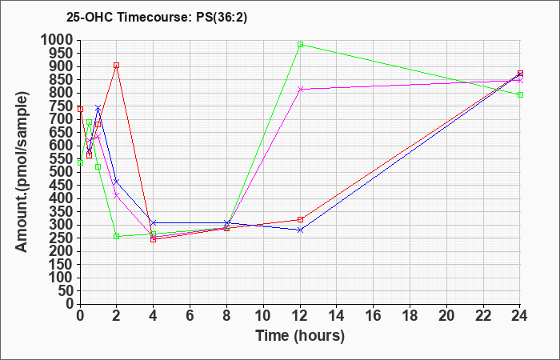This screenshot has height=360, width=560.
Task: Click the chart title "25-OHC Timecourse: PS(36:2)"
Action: (157, 18)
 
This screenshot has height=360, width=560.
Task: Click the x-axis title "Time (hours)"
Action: (300, 336)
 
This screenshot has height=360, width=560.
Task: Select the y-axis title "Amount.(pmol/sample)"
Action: (22, 172)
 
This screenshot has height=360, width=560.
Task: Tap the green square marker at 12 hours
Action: (300, 45)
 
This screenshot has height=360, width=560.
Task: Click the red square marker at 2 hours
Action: (117, 66)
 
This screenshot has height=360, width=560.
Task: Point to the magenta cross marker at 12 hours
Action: (300, 90)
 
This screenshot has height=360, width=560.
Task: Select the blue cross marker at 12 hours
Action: (300, 230)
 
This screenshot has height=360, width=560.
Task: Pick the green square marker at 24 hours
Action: (520, 94)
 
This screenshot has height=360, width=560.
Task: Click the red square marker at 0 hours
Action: (80, 110)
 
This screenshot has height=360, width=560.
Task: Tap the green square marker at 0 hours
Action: (80, 163)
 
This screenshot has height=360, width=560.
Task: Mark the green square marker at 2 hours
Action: (117, 237)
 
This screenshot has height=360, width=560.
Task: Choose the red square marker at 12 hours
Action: (300, 220)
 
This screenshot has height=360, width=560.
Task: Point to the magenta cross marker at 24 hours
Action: (520, 81)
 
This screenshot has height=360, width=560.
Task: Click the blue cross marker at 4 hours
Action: (154, 223)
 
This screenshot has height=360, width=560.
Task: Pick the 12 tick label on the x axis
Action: (300, 316)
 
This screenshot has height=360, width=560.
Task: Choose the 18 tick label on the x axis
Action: (410, 316)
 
